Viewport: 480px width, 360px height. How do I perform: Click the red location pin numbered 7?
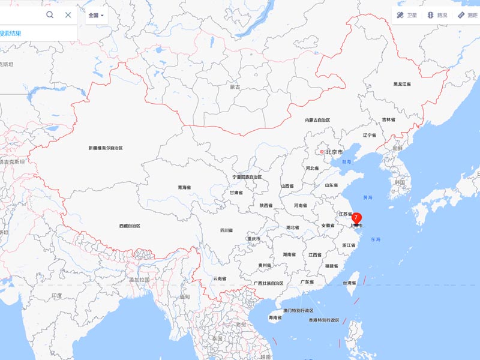click(356, 218)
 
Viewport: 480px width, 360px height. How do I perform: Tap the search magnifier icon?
click(50, 14)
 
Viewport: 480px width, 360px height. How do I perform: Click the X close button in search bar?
click(68, 14)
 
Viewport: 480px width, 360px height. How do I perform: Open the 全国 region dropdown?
click(96, 15)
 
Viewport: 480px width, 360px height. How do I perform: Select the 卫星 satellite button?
click(407, 15)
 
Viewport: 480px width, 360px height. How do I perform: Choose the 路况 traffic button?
click(437, 15)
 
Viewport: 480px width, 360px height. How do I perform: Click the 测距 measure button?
click(467, 15)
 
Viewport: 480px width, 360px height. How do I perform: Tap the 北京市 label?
click(332, 152)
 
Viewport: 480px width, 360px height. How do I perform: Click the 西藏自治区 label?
click(130, 226)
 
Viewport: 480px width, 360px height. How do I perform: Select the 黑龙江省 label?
click(402, 85)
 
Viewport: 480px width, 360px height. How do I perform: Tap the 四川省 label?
click(226, 230)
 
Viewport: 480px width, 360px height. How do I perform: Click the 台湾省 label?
click(349, 283)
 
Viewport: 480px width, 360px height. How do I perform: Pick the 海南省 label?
click(275, 317)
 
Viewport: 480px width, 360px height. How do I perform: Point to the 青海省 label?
click(184, 188)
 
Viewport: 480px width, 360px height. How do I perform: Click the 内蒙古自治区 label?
click(317, 121)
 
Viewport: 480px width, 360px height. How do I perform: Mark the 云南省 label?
click(220, 278)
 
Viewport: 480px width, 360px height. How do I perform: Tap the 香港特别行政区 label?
click(324, 320)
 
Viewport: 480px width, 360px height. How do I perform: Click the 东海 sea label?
click(376, 240)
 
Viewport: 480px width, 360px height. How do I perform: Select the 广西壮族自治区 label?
click(268, 283)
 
